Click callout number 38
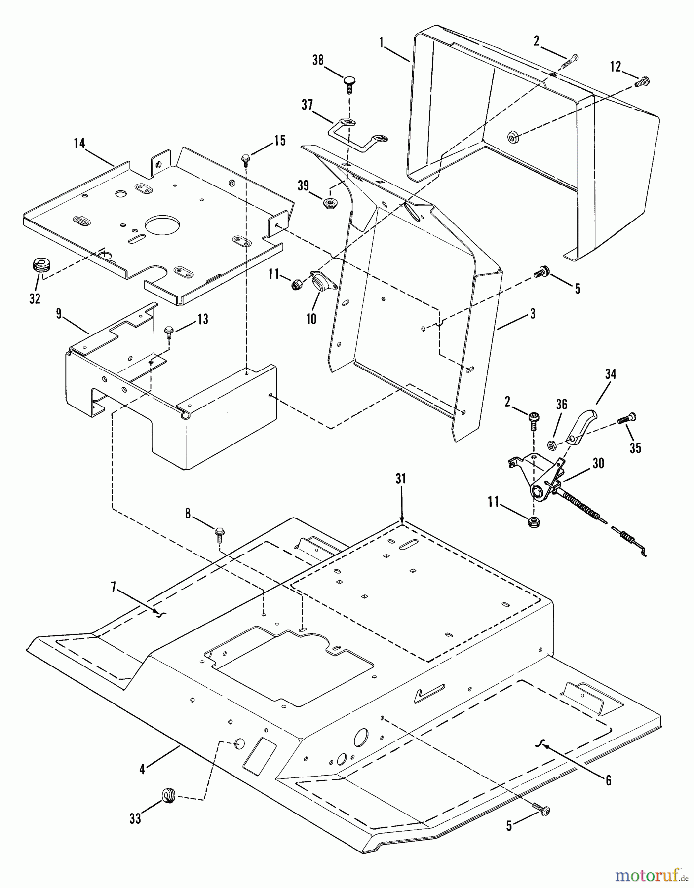[318, 60]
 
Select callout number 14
[79, 144]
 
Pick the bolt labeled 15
[245, 159]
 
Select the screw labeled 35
[626, 419]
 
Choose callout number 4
[142, 769]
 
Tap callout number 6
[608, 780]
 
